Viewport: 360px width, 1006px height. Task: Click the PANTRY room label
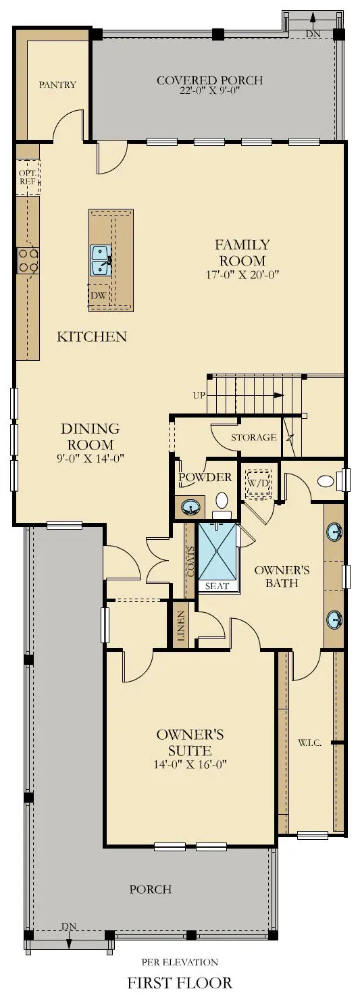(57, 85)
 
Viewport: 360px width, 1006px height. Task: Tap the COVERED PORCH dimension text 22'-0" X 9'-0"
(209, 93)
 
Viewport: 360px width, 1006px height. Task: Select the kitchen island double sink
(101, 261)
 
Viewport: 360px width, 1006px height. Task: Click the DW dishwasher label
(99, 295)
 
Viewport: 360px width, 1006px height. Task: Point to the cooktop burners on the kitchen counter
(28, 260)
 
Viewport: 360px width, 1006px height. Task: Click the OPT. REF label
(27, 176)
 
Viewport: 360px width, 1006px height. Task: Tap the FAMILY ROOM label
(242, 253)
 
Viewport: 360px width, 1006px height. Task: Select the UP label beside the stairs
(199, 395)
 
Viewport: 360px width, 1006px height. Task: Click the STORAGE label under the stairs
(254, 437)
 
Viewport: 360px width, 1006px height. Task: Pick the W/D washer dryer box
(257, 483)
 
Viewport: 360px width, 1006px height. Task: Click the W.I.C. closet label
(309, 743)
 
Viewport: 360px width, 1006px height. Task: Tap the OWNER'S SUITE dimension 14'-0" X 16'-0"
(190, 765)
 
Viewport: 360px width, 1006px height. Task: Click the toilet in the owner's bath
(326, 482)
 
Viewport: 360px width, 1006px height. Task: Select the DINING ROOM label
(90, 436)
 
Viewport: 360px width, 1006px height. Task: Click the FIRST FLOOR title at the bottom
(180, 983)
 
